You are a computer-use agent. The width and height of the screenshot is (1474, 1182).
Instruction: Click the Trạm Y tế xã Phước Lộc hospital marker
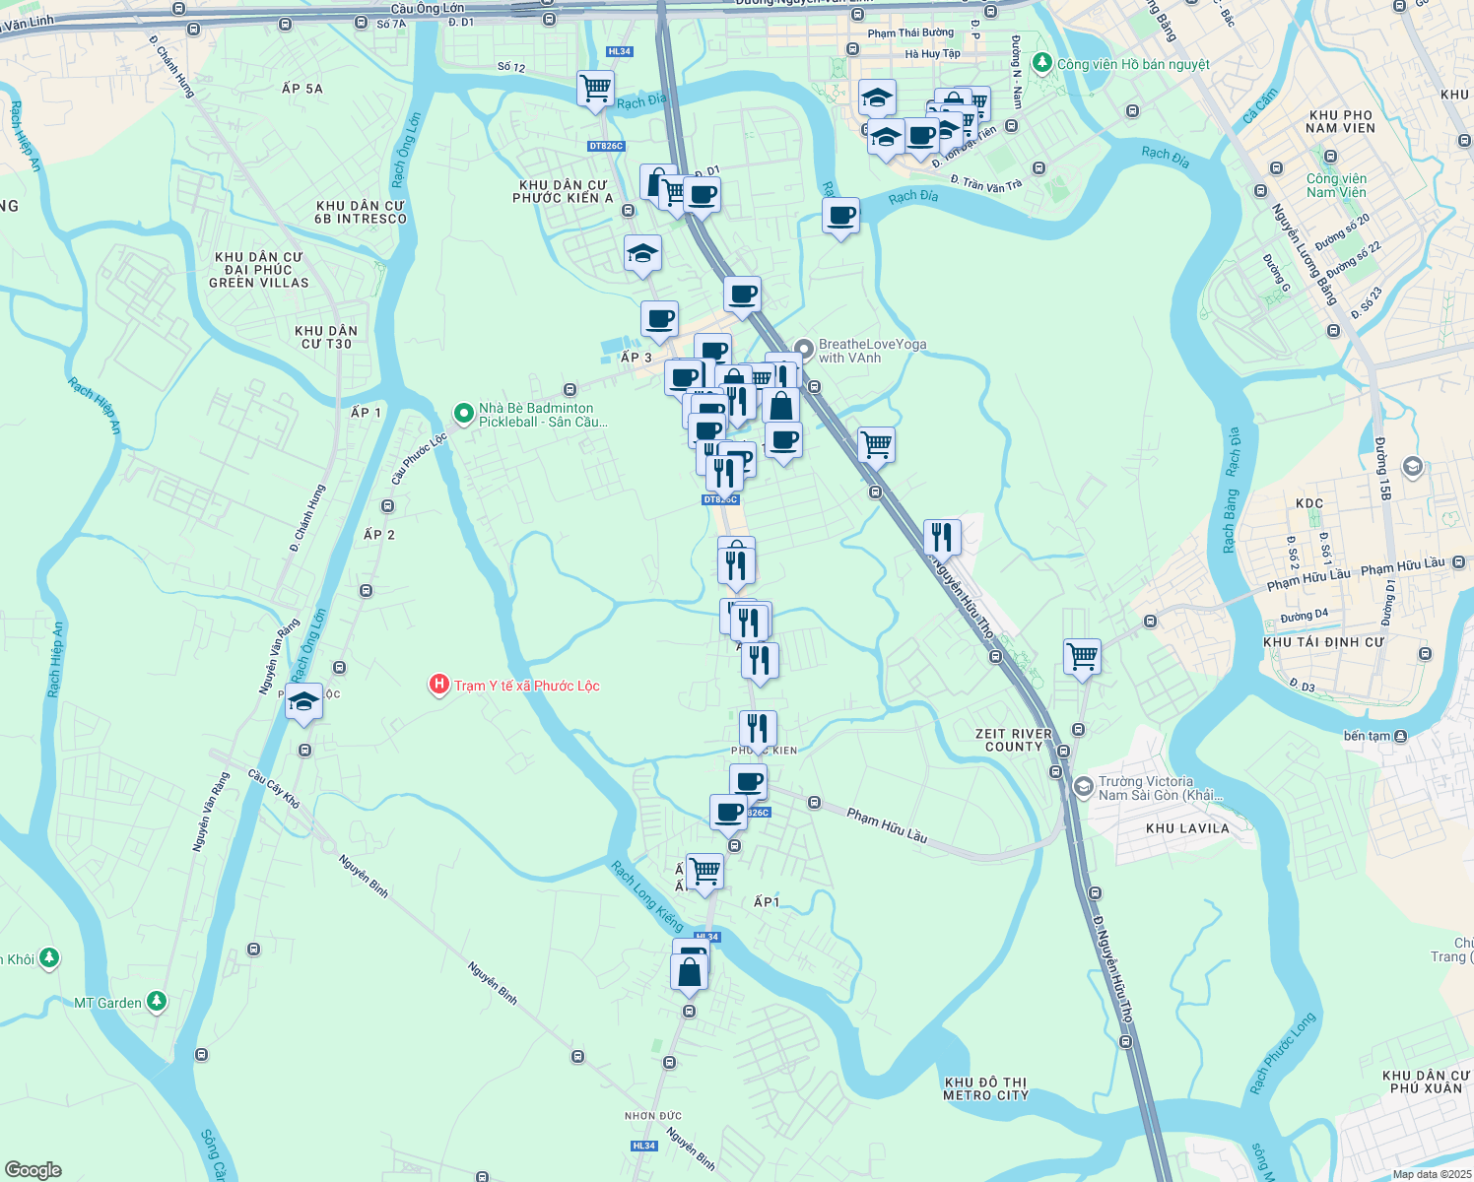pyautogui.click(x=439, y=685)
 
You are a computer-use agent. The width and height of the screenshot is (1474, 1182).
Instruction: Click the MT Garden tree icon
pyautogui.click(x=157, y=1002)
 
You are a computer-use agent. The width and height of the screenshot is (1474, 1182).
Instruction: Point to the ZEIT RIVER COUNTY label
pyautogui.click(x=1013, y=740)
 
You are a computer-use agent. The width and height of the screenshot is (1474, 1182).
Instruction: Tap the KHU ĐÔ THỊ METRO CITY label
pyautogui.click(x=985, y=1088)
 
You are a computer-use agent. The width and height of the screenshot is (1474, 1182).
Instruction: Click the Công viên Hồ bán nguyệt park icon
pyautogui.click(x=1042, y=64)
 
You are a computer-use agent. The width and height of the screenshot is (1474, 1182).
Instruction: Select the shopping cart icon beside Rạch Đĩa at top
pyautogui.click(x=595, y=88)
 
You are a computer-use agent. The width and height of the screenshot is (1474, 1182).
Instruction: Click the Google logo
pyautogui.click(x=33, y=1170)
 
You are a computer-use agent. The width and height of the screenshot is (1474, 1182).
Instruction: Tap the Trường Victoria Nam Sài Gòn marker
pyautogui.click(x=1084, y=787)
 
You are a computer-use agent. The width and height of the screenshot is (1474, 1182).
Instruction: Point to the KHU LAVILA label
pyautogui.click(x=1187, y=828)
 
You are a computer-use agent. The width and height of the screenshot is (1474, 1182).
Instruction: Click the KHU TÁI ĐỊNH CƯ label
pyautogui.click(x=1323, y=642)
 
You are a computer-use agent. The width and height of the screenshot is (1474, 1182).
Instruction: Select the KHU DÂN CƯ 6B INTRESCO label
pyautogui.click(x=361, y=212)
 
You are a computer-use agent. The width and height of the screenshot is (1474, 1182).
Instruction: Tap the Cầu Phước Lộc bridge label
pyautogui.click(x=419, y=458)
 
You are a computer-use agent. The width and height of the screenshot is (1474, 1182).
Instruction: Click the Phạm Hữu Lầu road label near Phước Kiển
pyautogui.click(x=887, y=824)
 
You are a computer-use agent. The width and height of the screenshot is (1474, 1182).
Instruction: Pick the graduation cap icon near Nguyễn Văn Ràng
pyautogui.click(x=303, y=703)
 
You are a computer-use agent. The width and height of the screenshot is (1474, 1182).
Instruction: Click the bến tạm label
pyautogui.click(x=1367, y=736)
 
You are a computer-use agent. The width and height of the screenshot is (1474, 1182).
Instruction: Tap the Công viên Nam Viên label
pyautogui.click(x=1336, y=185)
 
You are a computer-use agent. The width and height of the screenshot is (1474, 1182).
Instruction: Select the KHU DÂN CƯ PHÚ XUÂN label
pyautogui.click(x=1425, y=1082)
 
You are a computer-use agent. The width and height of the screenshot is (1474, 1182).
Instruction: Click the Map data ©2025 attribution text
pyautogui.click(x=1431, y=1174)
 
